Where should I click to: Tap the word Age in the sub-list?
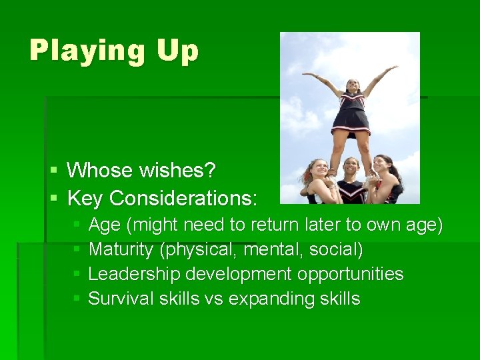click(x=104, y=225)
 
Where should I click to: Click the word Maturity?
click(x=121, y=250)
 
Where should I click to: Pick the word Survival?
click(x=121, y=299)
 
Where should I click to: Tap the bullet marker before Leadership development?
click(x=77, y=275)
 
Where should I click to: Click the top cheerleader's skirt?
click(x=351, y=120)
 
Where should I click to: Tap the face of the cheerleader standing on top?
click(x=352, y=86)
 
